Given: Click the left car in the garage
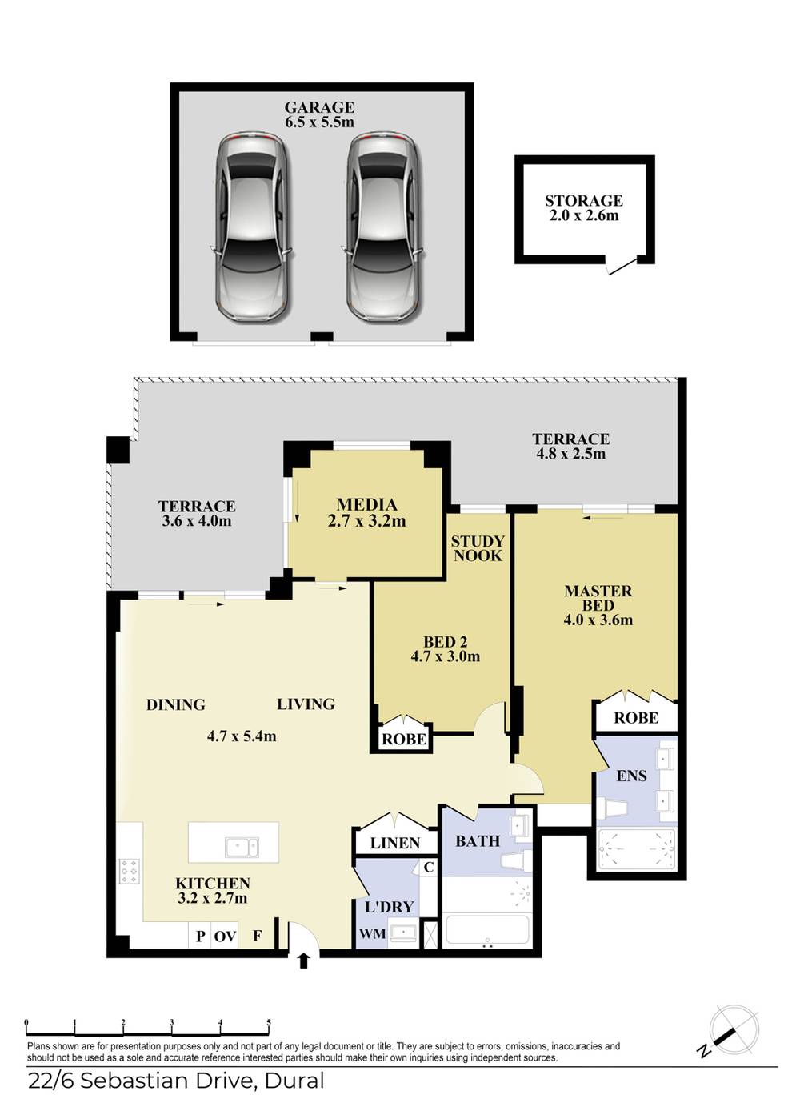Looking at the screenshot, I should point(250,227).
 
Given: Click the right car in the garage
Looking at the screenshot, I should point(382,227).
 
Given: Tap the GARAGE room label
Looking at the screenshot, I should point(319,107).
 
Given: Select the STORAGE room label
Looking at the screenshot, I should point(584,201).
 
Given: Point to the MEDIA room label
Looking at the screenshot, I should point(366,505).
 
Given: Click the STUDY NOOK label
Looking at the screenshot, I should point(478,548).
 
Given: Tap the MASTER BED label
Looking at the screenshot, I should point(598,598).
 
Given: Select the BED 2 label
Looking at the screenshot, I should point(445,642).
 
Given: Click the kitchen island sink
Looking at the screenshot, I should point(241,846).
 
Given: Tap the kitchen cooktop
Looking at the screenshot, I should point(129,871).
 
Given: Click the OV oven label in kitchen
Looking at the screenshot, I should point(225,936).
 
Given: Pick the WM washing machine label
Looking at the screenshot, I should point(372,934).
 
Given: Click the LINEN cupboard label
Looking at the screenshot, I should point(395,843).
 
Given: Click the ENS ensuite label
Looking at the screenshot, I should point(632,776).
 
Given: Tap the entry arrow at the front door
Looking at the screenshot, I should point(303,961).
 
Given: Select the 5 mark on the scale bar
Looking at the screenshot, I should point(269,1022).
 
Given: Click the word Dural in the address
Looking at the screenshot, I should point(294,1081).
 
